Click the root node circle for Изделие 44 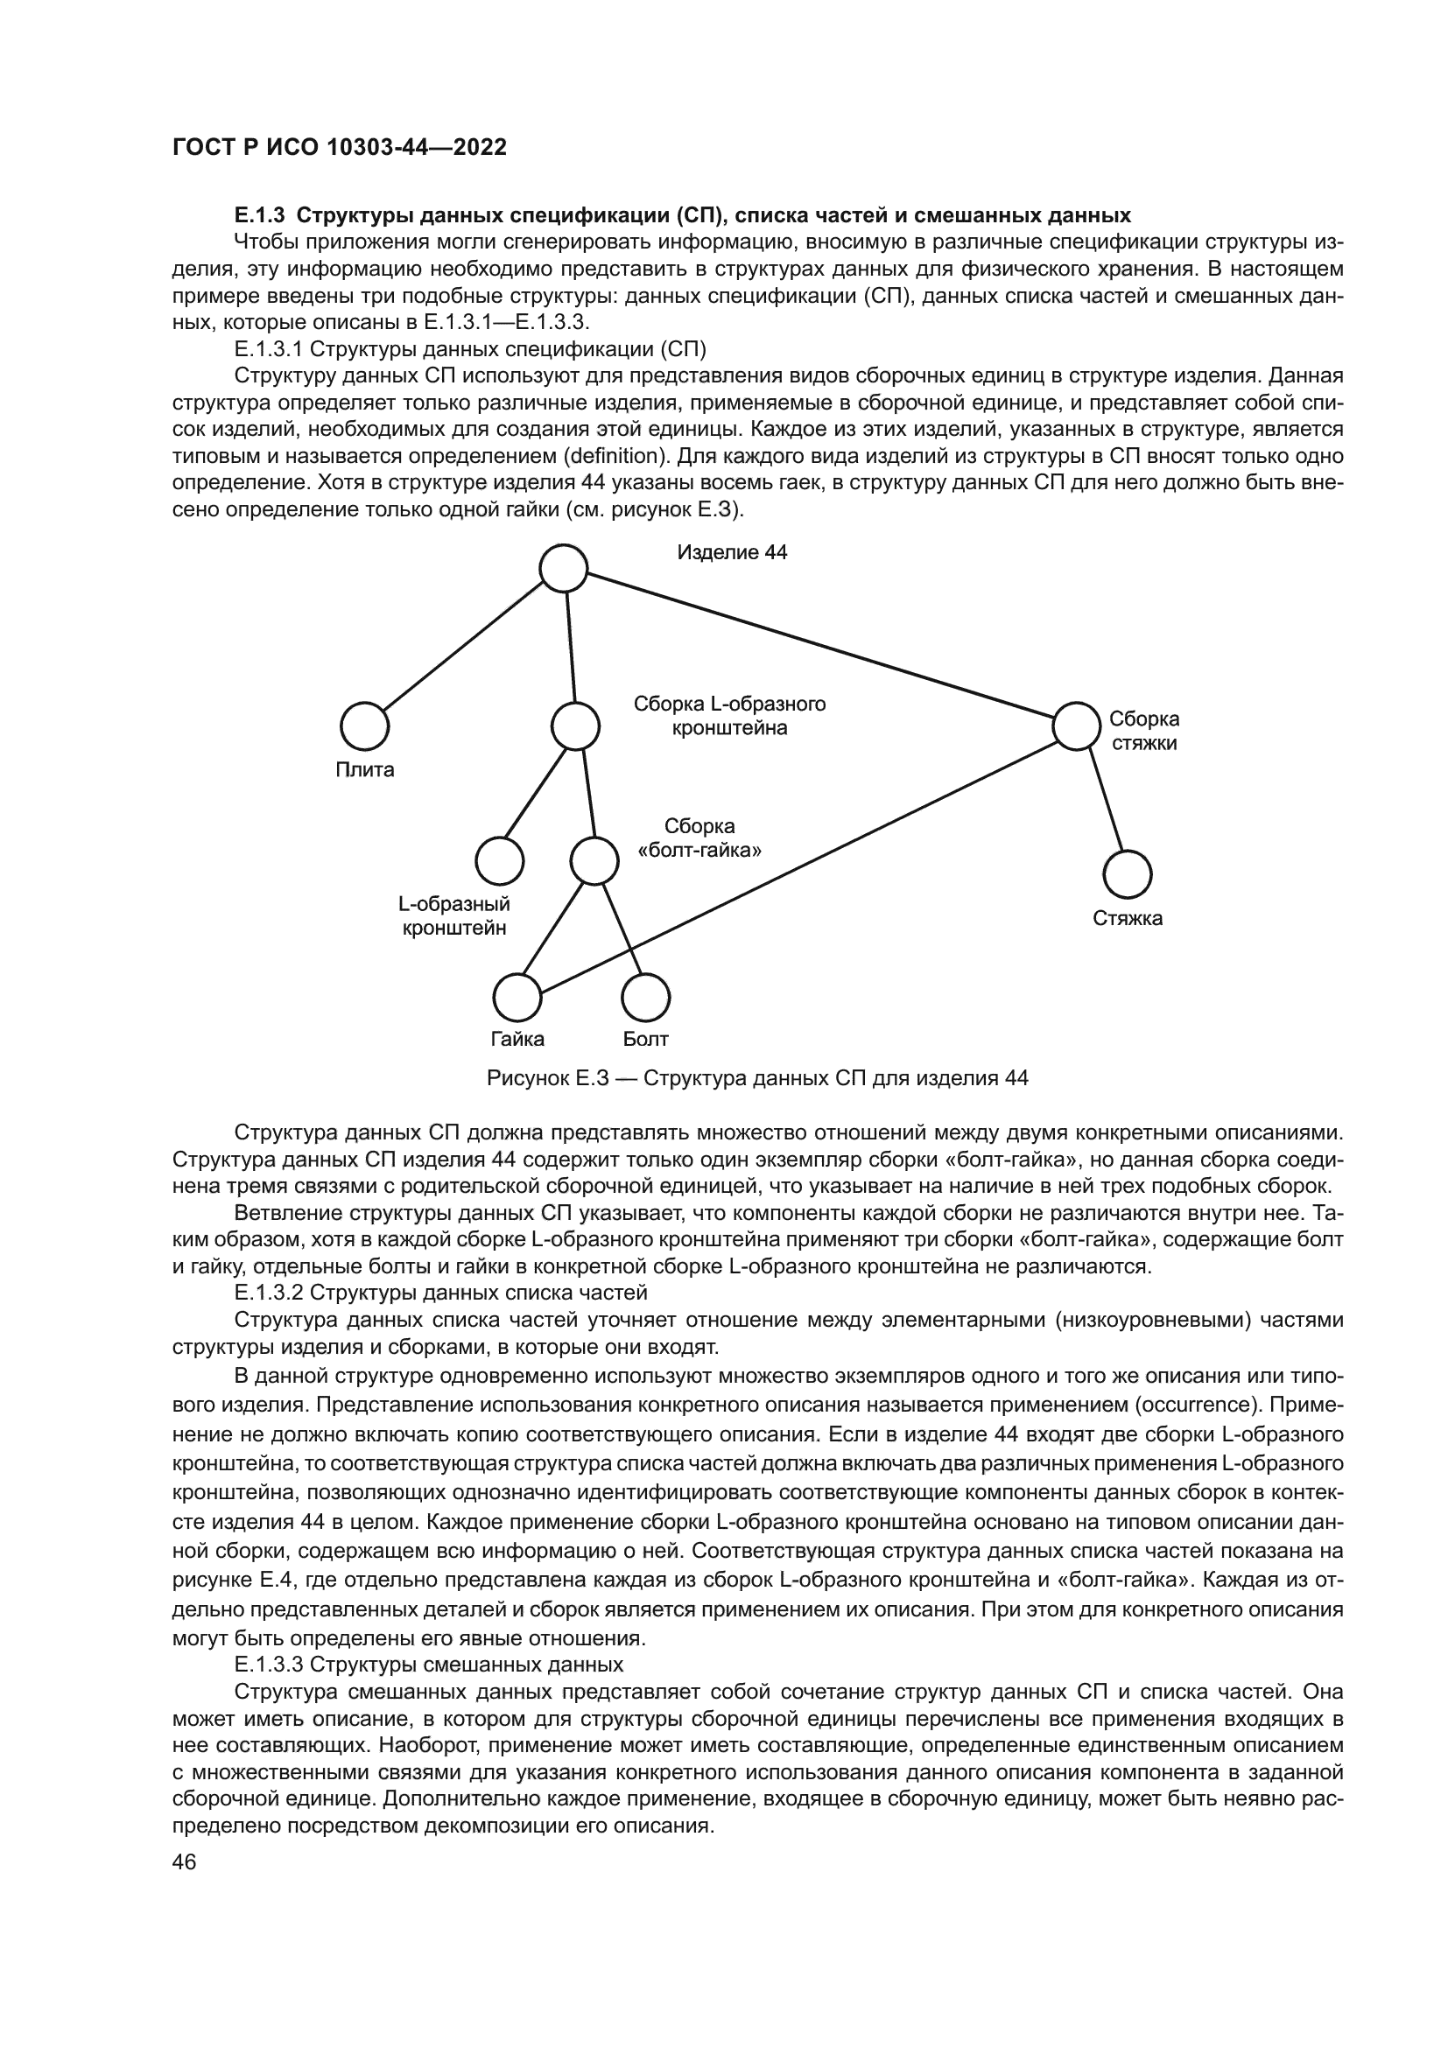(x=564, y=568)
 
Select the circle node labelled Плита (x=365, y=726)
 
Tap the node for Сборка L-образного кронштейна (x=575, y=726)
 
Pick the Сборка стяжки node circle (x=1076, y=726)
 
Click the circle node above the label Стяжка (x=1127, y=873)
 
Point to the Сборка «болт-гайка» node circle (x=594, y=861)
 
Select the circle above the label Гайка (x=517, y=998)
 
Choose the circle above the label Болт (x=645, y=998)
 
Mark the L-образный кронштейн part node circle (x=499, y=861)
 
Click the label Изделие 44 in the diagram (x=732, y=553)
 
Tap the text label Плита (x=365, y=770)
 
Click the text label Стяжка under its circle (x=1128, y=918)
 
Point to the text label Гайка (x=517, y=1040)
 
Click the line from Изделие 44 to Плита (x=464, y=648)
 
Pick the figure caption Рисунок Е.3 (x=757, y=1079)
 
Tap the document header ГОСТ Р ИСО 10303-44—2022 (x=339, y=148)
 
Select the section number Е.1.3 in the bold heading (x=258, y=215)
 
